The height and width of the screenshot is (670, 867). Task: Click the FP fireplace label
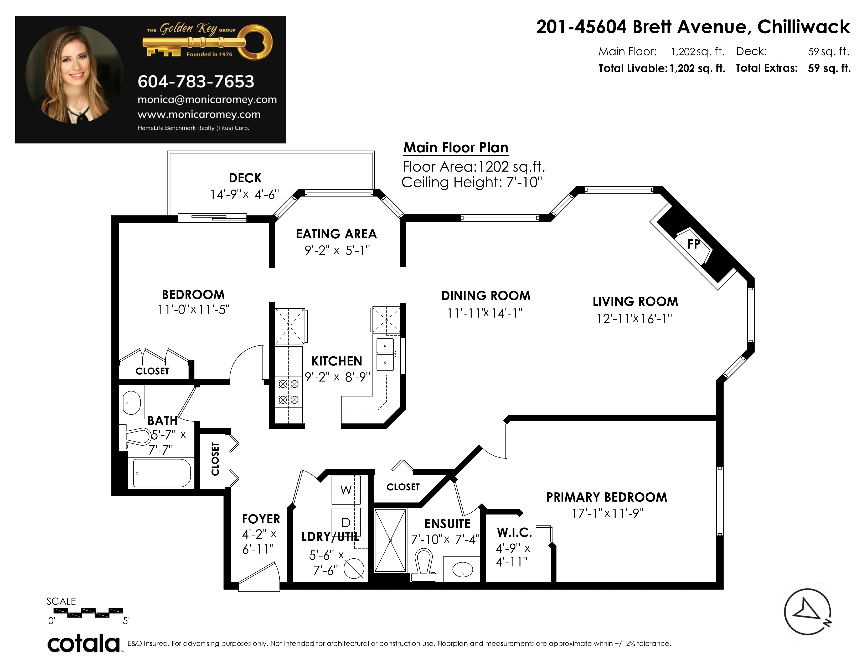[x=694, y=244]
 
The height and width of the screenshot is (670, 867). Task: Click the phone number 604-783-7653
[x=196, y=82]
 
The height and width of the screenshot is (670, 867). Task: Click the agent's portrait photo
[x=75, y=75]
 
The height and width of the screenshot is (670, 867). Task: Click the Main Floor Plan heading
[x=456, y=148]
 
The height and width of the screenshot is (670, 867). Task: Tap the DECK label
[x=245, y=178]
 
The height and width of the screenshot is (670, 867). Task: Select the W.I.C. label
[x=514, y=533]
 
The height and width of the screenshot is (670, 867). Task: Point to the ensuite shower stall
[x=390, y=541]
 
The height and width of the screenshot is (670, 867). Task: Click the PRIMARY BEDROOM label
[x=607, y=497]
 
